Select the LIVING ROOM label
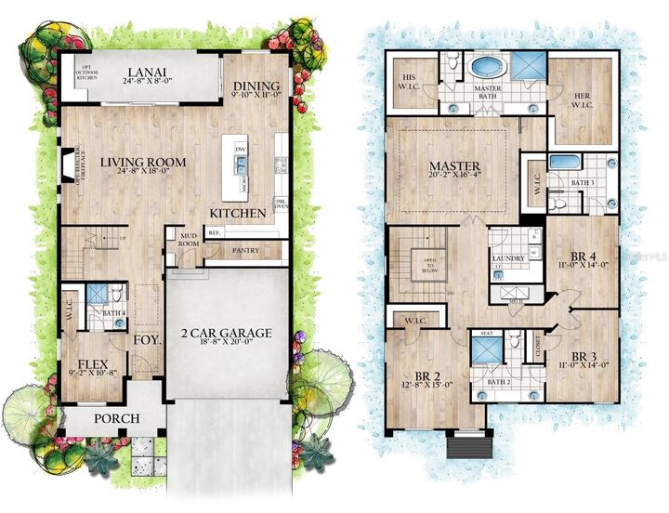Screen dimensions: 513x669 click(x=150, y=162)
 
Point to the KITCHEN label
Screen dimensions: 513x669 click(x=238, y=213)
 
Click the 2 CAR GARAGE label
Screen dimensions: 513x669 click(x=226, y=333)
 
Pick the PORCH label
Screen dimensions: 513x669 click(x=115, y=419)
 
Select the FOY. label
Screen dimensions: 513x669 click(x=145, y=340)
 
